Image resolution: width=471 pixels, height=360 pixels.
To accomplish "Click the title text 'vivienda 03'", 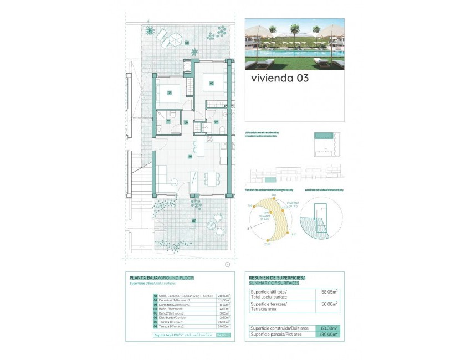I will [279, 78].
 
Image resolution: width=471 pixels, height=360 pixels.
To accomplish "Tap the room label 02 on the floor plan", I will [212, 83].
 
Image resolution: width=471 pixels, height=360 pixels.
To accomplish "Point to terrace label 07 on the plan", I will [194, 220].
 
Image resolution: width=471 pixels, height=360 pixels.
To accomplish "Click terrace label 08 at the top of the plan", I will [187, 43].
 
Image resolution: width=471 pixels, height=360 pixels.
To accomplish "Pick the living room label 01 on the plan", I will [190, 156].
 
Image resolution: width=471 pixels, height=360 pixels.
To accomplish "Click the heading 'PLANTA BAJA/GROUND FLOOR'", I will [162, 277].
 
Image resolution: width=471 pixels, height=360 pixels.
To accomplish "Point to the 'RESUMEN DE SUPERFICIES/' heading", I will [277, 277].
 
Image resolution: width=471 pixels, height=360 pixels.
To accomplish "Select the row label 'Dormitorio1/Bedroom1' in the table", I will [175, 300].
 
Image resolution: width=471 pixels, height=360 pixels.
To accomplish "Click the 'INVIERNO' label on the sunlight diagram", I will [293, 203].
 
